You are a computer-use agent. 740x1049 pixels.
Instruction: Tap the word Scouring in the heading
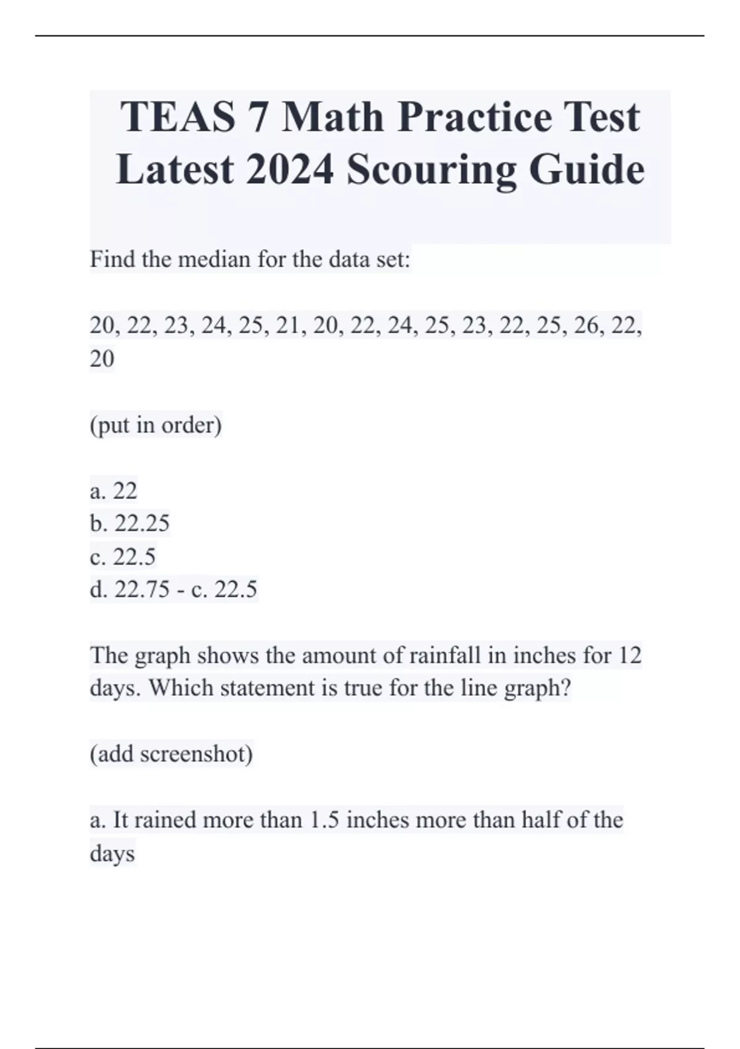(x=431, y=170)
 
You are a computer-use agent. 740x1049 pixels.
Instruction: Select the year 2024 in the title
(x=289, y=170)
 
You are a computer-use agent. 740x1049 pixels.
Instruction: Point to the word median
(x=215, y=260)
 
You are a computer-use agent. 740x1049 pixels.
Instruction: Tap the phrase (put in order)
(x=156, y=425)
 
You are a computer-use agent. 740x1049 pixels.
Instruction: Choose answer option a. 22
(x=113, y=491)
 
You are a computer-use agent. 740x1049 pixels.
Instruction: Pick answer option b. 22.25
(x=129, y=524)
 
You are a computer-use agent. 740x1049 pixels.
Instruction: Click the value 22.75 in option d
(x=142, y=590)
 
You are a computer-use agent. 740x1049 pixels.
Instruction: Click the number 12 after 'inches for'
(x=630, y=655)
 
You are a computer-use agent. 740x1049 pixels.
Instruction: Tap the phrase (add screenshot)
(x=171, y=754)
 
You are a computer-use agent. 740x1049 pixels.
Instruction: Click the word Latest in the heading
(x=175, y=170)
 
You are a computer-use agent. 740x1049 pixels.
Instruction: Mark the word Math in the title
(x=332, y=117)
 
